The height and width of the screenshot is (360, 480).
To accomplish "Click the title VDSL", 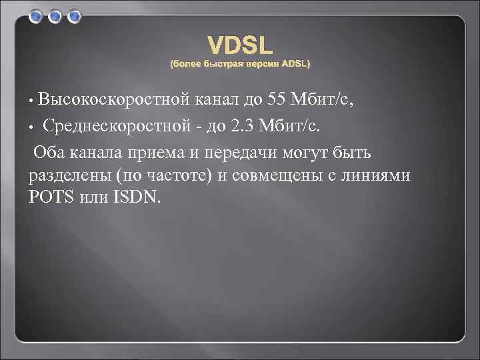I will coord(240,45).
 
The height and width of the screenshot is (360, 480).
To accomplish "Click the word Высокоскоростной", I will coord(115,101).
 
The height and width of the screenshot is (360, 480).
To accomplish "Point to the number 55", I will coord(277,101).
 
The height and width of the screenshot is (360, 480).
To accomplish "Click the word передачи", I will coord(235,154).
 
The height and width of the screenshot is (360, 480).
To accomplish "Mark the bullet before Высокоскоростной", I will coord(31,102).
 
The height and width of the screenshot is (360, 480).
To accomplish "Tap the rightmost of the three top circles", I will coord(74,15).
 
